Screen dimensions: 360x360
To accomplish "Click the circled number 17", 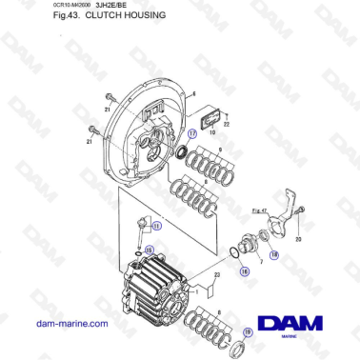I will coord(191,135).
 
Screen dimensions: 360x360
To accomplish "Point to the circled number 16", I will coord(245,271).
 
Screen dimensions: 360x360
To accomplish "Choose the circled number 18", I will coord(272,254).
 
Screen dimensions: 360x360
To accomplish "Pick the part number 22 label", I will coord(227,125).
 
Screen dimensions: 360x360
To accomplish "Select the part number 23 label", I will coord(217,275).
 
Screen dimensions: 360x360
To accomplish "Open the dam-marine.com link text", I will coord(71,324).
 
